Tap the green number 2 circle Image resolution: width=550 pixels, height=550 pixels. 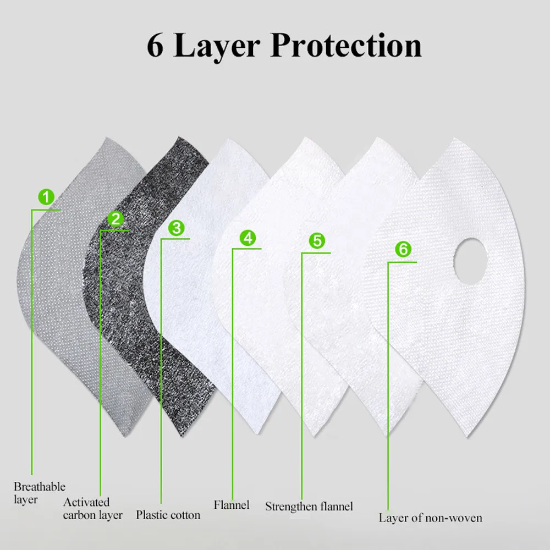click(116, 218)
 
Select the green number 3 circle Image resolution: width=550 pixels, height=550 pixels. click(176, 227)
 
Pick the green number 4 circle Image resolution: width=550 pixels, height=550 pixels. click(248, 238)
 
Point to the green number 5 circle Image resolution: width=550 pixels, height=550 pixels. click(317, 240)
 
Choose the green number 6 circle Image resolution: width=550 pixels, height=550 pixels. click(403, 249)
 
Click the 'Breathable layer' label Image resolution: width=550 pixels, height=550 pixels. click(39, 493)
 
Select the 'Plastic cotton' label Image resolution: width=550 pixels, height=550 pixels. click(168, 515)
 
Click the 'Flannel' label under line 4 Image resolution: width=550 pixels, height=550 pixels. click(231, 504)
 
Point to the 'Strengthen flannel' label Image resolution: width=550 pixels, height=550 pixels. click(309, 506)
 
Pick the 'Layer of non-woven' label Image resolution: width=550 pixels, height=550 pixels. click(430, 518)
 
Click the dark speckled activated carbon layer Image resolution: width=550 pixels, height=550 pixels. click(143, 308)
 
